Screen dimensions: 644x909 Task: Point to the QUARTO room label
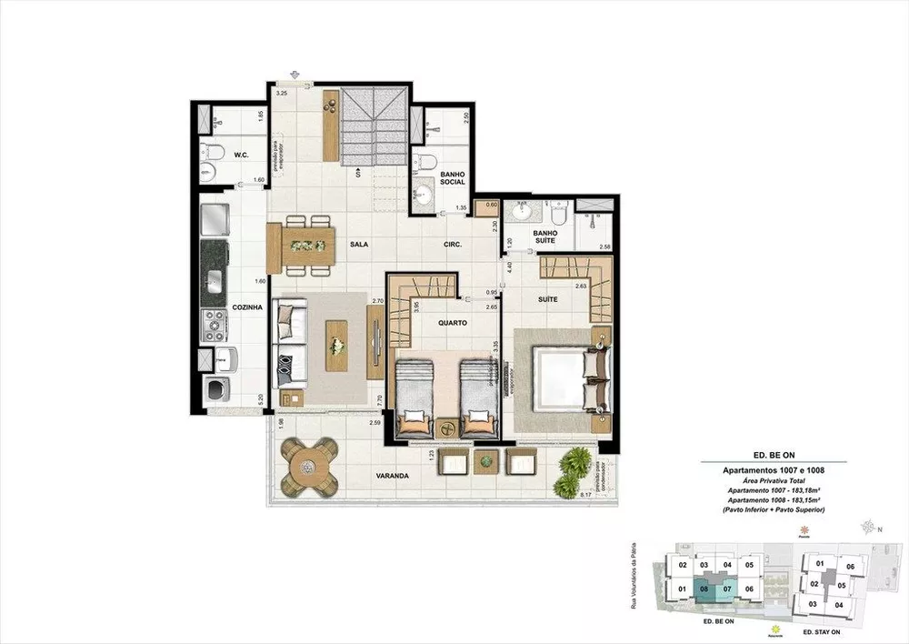point(452,323)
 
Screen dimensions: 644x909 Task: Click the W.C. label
point(242,155)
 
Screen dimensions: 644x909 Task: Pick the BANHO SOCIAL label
point(452,177)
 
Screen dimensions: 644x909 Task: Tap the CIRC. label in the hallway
point(453,245)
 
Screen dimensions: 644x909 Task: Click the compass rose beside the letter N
point(870,527)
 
